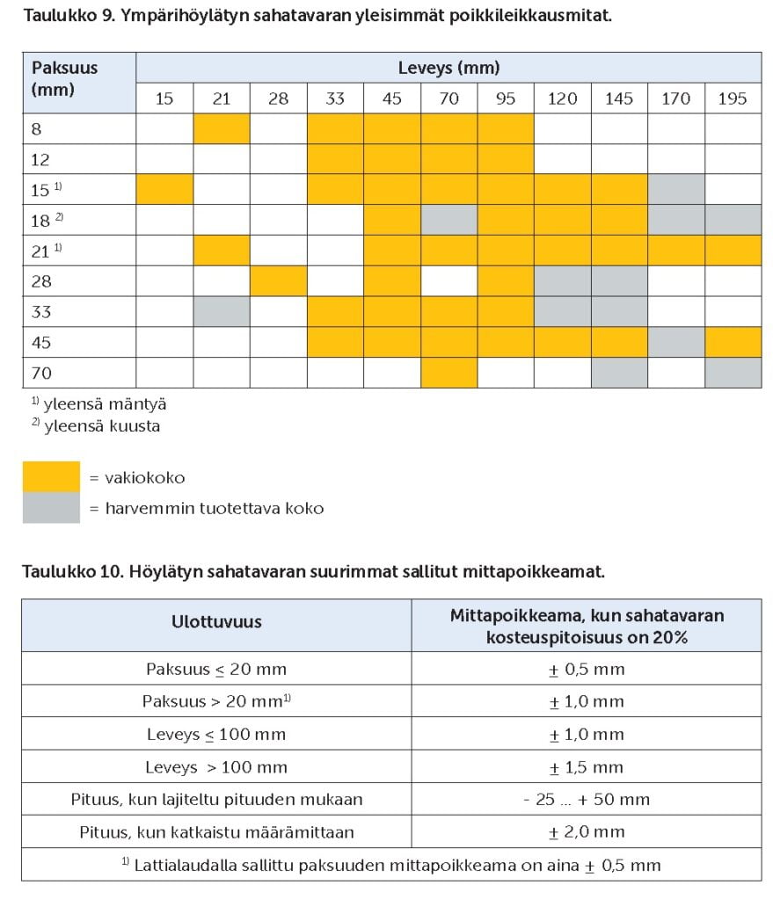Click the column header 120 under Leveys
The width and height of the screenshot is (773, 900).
pos(562,98)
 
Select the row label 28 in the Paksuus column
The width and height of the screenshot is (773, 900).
pos(41,281)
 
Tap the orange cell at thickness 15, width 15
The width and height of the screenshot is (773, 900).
pos(164,189)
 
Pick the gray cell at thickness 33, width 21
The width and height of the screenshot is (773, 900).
pos(221,311)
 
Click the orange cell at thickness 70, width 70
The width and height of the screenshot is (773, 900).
pos(448,373)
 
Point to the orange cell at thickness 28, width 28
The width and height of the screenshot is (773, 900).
pos(278,281)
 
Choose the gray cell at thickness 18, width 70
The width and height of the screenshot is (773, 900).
pos(448,220)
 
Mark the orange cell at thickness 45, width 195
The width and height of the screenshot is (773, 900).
pos(733,342)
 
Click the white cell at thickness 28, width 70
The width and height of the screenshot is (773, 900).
pos(448,281)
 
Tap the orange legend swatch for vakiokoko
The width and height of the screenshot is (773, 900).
pos(51,477)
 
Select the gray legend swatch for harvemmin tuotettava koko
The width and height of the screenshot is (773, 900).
pos(51,508)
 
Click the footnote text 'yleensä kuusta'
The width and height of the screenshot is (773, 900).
pos(101,426)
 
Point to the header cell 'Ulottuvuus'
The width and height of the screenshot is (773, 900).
pos(216,622)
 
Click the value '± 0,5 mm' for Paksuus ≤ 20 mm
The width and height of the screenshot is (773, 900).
pos(587,669)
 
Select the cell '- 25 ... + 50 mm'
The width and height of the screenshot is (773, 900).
pos(587,800)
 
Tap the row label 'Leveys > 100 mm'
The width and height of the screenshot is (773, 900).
pos(216,767)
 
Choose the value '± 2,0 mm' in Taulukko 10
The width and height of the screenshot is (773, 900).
pos(587,831)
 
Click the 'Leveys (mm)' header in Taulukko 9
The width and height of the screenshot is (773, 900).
pos(448,68)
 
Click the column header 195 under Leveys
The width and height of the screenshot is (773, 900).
pos(733,98)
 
